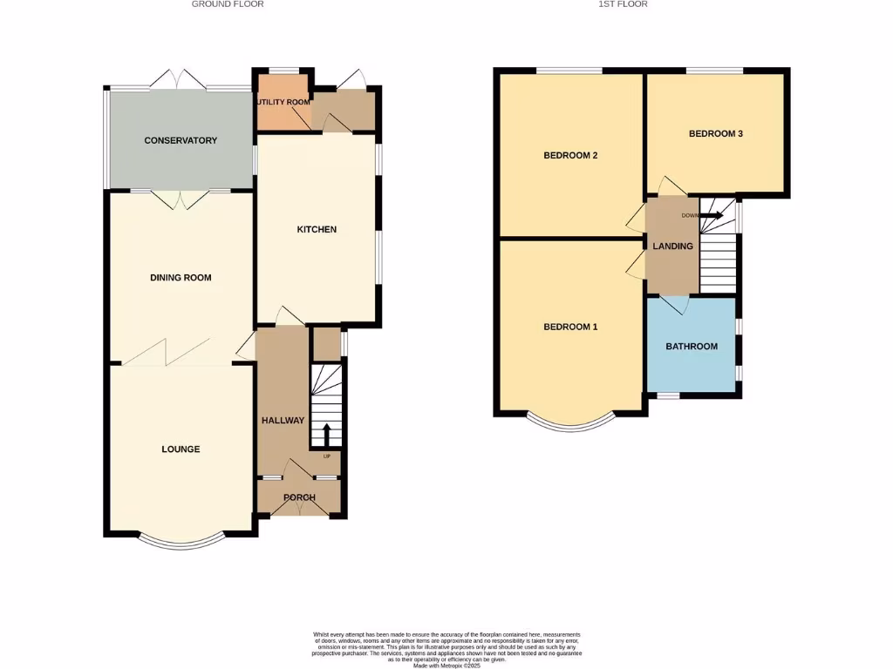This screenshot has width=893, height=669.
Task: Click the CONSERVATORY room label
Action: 181,140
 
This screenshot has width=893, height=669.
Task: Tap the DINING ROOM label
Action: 181,278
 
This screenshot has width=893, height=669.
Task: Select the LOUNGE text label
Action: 181,449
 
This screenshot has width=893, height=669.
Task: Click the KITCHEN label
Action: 317,230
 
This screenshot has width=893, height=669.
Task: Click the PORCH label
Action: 299,498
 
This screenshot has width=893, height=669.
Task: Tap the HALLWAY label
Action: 283,421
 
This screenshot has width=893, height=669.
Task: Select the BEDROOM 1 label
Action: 570,328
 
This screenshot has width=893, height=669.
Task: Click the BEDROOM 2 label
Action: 570,156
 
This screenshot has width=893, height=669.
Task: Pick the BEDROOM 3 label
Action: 716,134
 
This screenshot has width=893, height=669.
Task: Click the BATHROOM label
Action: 692,347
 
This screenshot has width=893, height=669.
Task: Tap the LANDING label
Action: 672,247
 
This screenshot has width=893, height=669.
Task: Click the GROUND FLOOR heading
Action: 228,4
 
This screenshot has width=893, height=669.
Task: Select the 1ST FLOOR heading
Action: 623,4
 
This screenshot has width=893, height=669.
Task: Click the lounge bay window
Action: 181,542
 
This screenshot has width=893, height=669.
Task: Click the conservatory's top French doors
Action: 179,80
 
